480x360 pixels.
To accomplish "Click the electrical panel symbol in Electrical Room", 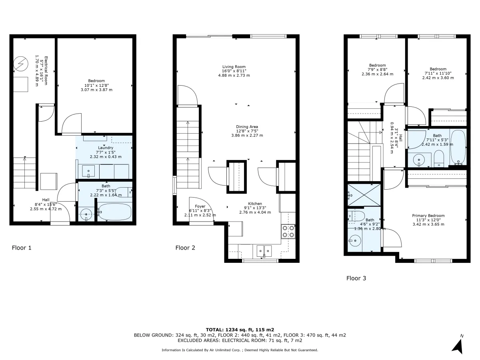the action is click(x=21, y=64).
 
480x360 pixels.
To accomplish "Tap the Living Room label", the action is click(x=234, y=67).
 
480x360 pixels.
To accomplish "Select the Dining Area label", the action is click(x=247, y=126).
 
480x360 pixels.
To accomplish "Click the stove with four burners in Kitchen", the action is click(x=288, y=232).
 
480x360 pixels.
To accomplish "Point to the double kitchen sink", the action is click(x=264, y=251).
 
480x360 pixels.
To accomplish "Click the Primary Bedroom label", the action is click(x=428, y=216).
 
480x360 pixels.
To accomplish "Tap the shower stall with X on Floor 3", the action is click(x=364, y=195).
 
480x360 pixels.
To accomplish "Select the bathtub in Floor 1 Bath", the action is click(x=114, y=212).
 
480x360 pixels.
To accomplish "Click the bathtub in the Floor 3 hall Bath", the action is click(x=458, y=147).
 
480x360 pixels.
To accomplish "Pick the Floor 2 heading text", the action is click(x=185, y=248).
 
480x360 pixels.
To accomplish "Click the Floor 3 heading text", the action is click(x=356, y=278).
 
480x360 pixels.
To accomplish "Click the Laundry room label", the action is click(x=106, y=148).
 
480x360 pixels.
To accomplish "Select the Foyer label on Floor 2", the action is click(x=200, y=206).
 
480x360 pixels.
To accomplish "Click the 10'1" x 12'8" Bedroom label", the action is click(x=96, y=81).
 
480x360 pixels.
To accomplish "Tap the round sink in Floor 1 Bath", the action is click(x=86, y=215).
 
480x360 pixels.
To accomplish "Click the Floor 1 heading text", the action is click(x=22, y=248).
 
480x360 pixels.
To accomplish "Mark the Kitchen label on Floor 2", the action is click(x=255, y=204).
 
